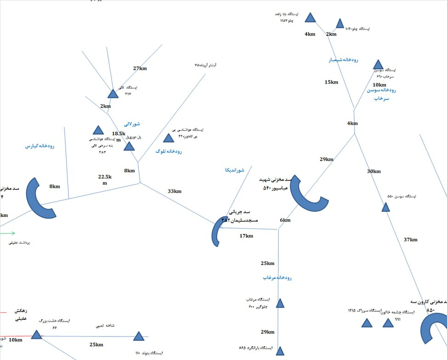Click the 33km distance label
pyautogui.click(x=174, y=191)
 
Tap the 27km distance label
pyautogui.click(x=140, y=69)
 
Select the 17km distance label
pyautogui.click(x=246, y=236)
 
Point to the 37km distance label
pyautogui.click(x=410, y=240)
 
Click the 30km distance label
pyautogui.click(x=374, y=171)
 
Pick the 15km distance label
pyautogui.click(x=331, y=82)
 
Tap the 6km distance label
pyautogui.click(x=285, y=220)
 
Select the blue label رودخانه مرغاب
pyautogui.click(x=277, y=278)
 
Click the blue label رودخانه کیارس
pyautogui.click(x=40, y=146)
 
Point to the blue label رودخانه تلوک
pyautogui.click(x=169, y=151)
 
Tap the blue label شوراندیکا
pyautogui.click(x=235, y=170)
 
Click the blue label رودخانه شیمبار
pyautogui.click(x=343, y=60)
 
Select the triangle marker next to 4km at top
pyautogui.click(x=311, y=18)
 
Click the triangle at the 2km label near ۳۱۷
pyautogui.click(x=113, y=94)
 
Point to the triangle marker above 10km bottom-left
pyautogui.click(x=37, y=335)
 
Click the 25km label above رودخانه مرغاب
pyautogui.click(x=267, y=263)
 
